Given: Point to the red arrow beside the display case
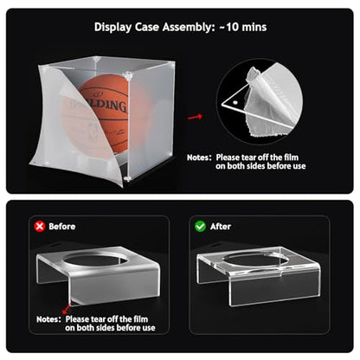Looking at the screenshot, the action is tap(195, 117).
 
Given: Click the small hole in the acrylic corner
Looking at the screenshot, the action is tap(235, 102).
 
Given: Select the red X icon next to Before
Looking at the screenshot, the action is tap(40, 227).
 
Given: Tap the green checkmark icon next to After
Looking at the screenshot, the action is tap(200, 227).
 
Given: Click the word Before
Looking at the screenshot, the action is tap(62, 227).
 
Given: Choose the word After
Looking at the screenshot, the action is tap(221, 227).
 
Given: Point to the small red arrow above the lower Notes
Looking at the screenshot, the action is tap(67, 308).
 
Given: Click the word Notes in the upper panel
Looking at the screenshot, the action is tap(199, 157).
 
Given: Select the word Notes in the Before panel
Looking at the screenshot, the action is tap(48, 319).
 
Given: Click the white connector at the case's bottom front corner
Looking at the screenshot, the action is tap(127, 179).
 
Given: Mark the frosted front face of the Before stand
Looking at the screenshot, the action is tap(115, 288).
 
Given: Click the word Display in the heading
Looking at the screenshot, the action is tap(112, 28).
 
